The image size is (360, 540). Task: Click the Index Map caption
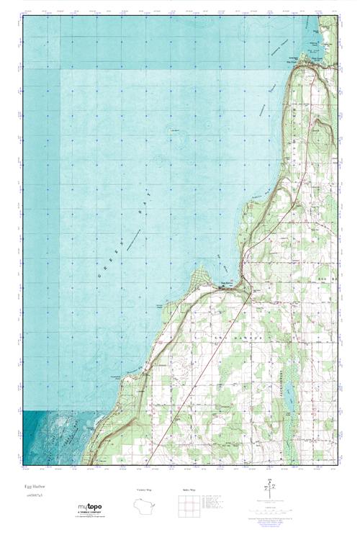click(x=188, y=490)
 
